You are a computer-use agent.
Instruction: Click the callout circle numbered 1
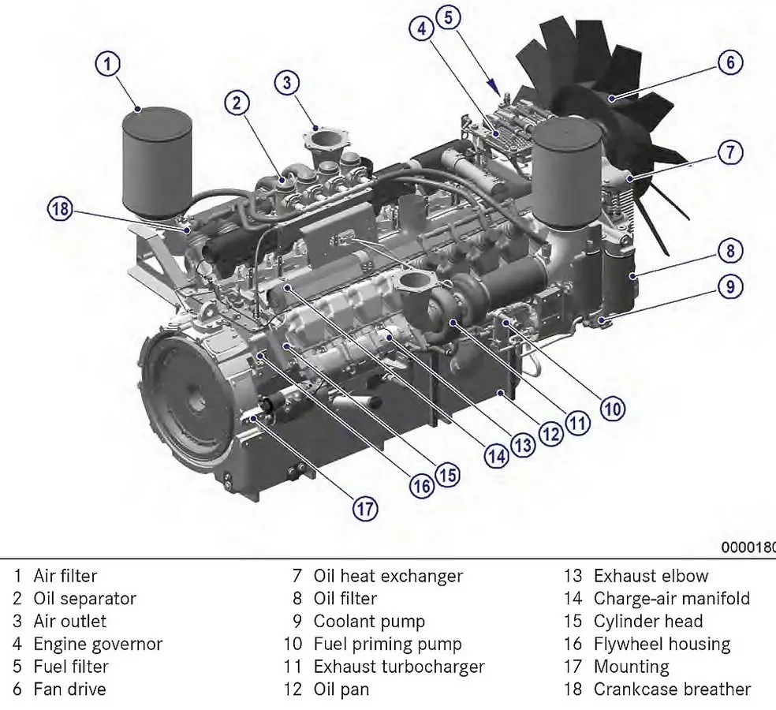click(109, 63)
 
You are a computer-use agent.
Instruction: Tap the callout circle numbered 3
click(288, 82)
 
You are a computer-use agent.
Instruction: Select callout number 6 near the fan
click(730, 62)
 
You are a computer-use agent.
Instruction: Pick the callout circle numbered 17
click(364, 509)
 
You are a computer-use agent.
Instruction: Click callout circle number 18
click(59, 209)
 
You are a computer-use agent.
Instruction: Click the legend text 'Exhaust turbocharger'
click(399, 667)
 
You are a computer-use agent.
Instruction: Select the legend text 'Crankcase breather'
click(672, 689)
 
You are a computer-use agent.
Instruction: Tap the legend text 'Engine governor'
click(98, 644)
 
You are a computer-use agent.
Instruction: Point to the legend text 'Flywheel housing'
click(662, 644)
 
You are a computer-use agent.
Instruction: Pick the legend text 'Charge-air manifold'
click(671, 599)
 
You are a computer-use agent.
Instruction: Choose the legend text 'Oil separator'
click(84, 599)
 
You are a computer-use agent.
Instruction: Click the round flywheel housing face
click(188, 402)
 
